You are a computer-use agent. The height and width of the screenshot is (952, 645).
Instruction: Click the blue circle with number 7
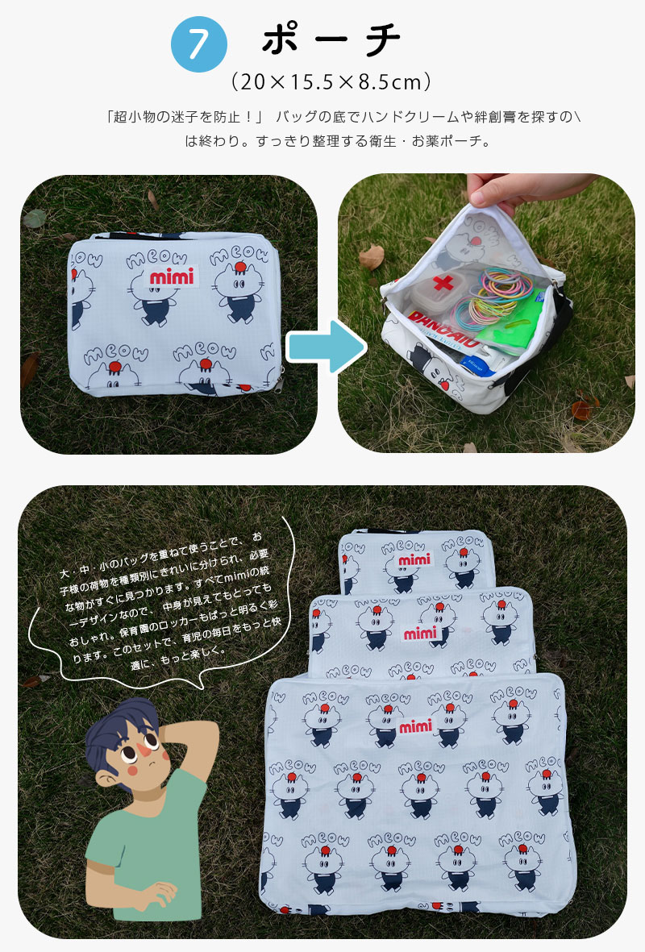199,44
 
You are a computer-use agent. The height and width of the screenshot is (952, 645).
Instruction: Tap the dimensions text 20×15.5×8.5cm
331,81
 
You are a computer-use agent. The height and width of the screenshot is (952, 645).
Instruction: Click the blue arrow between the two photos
327,347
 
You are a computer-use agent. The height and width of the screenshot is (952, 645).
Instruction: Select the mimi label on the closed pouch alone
172,276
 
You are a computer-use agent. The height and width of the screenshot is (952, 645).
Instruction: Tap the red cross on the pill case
443,283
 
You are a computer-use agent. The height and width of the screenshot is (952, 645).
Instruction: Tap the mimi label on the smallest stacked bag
415,559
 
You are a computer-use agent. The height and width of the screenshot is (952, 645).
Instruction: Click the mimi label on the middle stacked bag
420,634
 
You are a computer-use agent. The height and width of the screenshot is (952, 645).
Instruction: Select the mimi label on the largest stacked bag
415,725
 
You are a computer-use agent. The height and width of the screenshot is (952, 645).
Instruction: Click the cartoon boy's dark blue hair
115,732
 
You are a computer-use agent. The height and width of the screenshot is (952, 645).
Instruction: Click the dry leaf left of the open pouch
372,257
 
